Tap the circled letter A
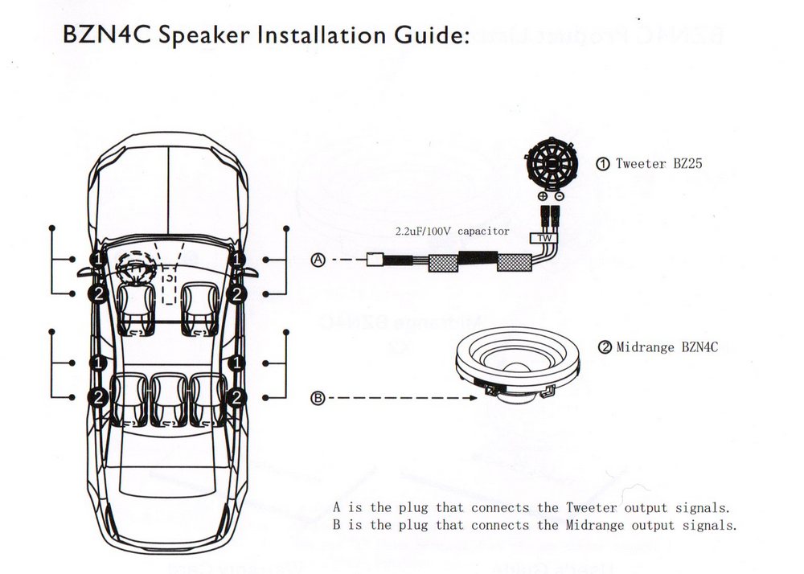(x=318, y=260)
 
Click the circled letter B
(x=318, y=398)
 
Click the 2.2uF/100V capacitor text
(x=451, y=231)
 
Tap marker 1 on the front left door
(x=97, y=259)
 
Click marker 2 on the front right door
(x=237, y=294)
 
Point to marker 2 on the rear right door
(x=237, y=396)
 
